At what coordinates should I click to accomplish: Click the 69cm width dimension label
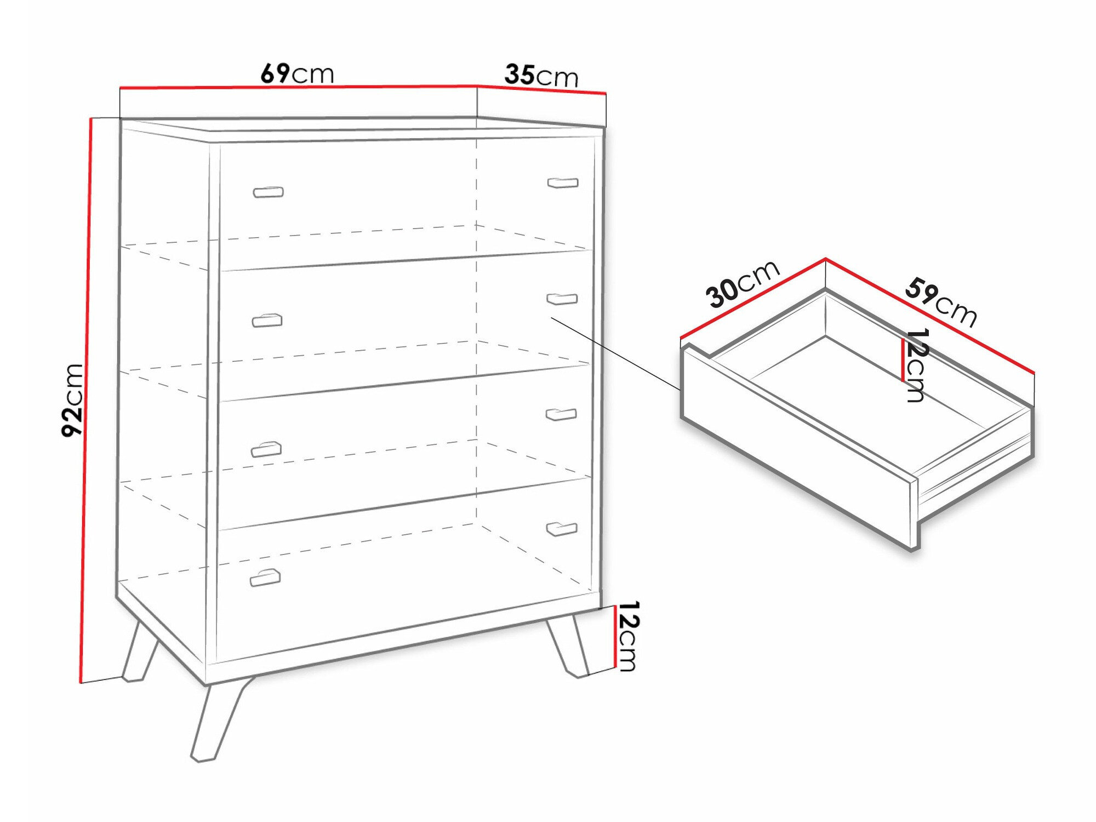[x=297, y=74]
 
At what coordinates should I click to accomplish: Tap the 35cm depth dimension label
[x=541, y=76]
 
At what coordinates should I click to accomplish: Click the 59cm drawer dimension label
[x=940, y=302]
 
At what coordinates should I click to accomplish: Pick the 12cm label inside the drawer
[x=916, y=365]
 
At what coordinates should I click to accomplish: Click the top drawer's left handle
[x=268, y=192]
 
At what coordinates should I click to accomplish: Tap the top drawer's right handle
[x=563, y=182]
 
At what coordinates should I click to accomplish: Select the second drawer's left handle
[x=267, y=321]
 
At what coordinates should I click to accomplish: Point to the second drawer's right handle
[x=562, y=299]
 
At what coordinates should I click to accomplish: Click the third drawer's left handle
[x=266, y=449]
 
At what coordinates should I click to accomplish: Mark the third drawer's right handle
[x=561, y=415]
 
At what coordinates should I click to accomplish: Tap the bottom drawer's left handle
[x=265, y=578]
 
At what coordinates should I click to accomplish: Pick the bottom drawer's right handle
[x=562, y=529]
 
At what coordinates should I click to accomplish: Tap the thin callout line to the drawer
[x=616, y=353]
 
